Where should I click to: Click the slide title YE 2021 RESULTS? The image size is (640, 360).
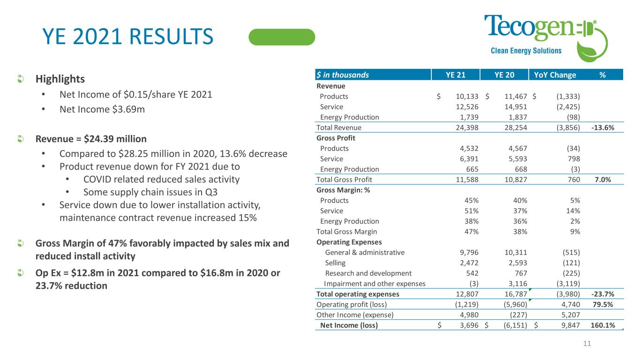point(127,37)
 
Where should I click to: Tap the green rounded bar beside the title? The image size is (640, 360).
point(282,37)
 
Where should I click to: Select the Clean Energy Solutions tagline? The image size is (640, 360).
point(526,51)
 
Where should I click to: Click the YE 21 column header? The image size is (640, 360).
point(455,75)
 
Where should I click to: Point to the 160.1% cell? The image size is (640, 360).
point(603,325)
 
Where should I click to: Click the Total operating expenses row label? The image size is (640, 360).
point(358,294)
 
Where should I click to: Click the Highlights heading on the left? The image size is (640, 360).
point(60,78)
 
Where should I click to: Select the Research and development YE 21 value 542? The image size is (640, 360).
point(472,273)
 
